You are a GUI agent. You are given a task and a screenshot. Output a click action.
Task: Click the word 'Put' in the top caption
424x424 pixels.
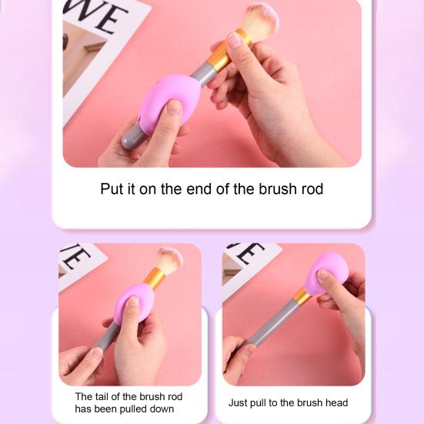point(112,189)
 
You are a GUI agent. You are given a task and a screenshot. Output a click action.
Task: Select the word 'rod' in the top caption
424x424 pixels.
point(311,189)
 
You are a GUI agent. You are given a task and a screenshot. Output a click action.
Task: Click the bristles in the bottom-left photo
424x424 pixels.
point(168,261)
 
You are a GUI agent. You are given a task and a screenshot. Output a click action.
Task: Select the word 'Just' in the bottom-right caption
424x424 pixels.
point(238,402)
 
